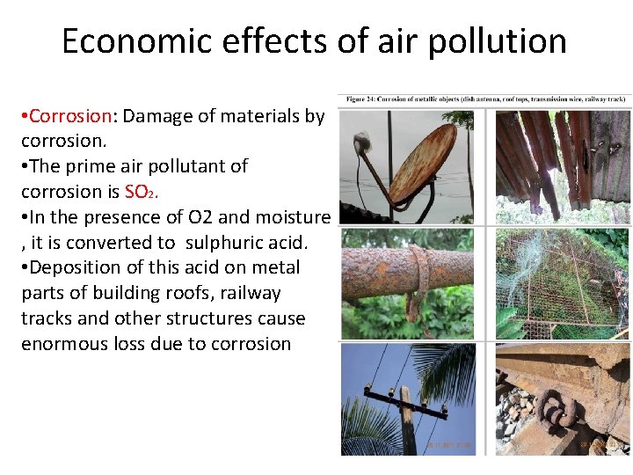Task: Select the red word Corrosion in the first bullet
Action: tap(71, 115)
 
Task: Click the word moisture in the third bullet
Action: tap(292, 216)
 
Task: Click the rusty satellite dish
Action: tap(421, 164)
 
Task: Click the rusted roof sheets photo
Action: tap(562, 165)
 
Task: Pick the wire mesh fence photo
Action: tap(562, 283)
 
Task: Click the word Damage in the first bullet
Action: tap(158, 115)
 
